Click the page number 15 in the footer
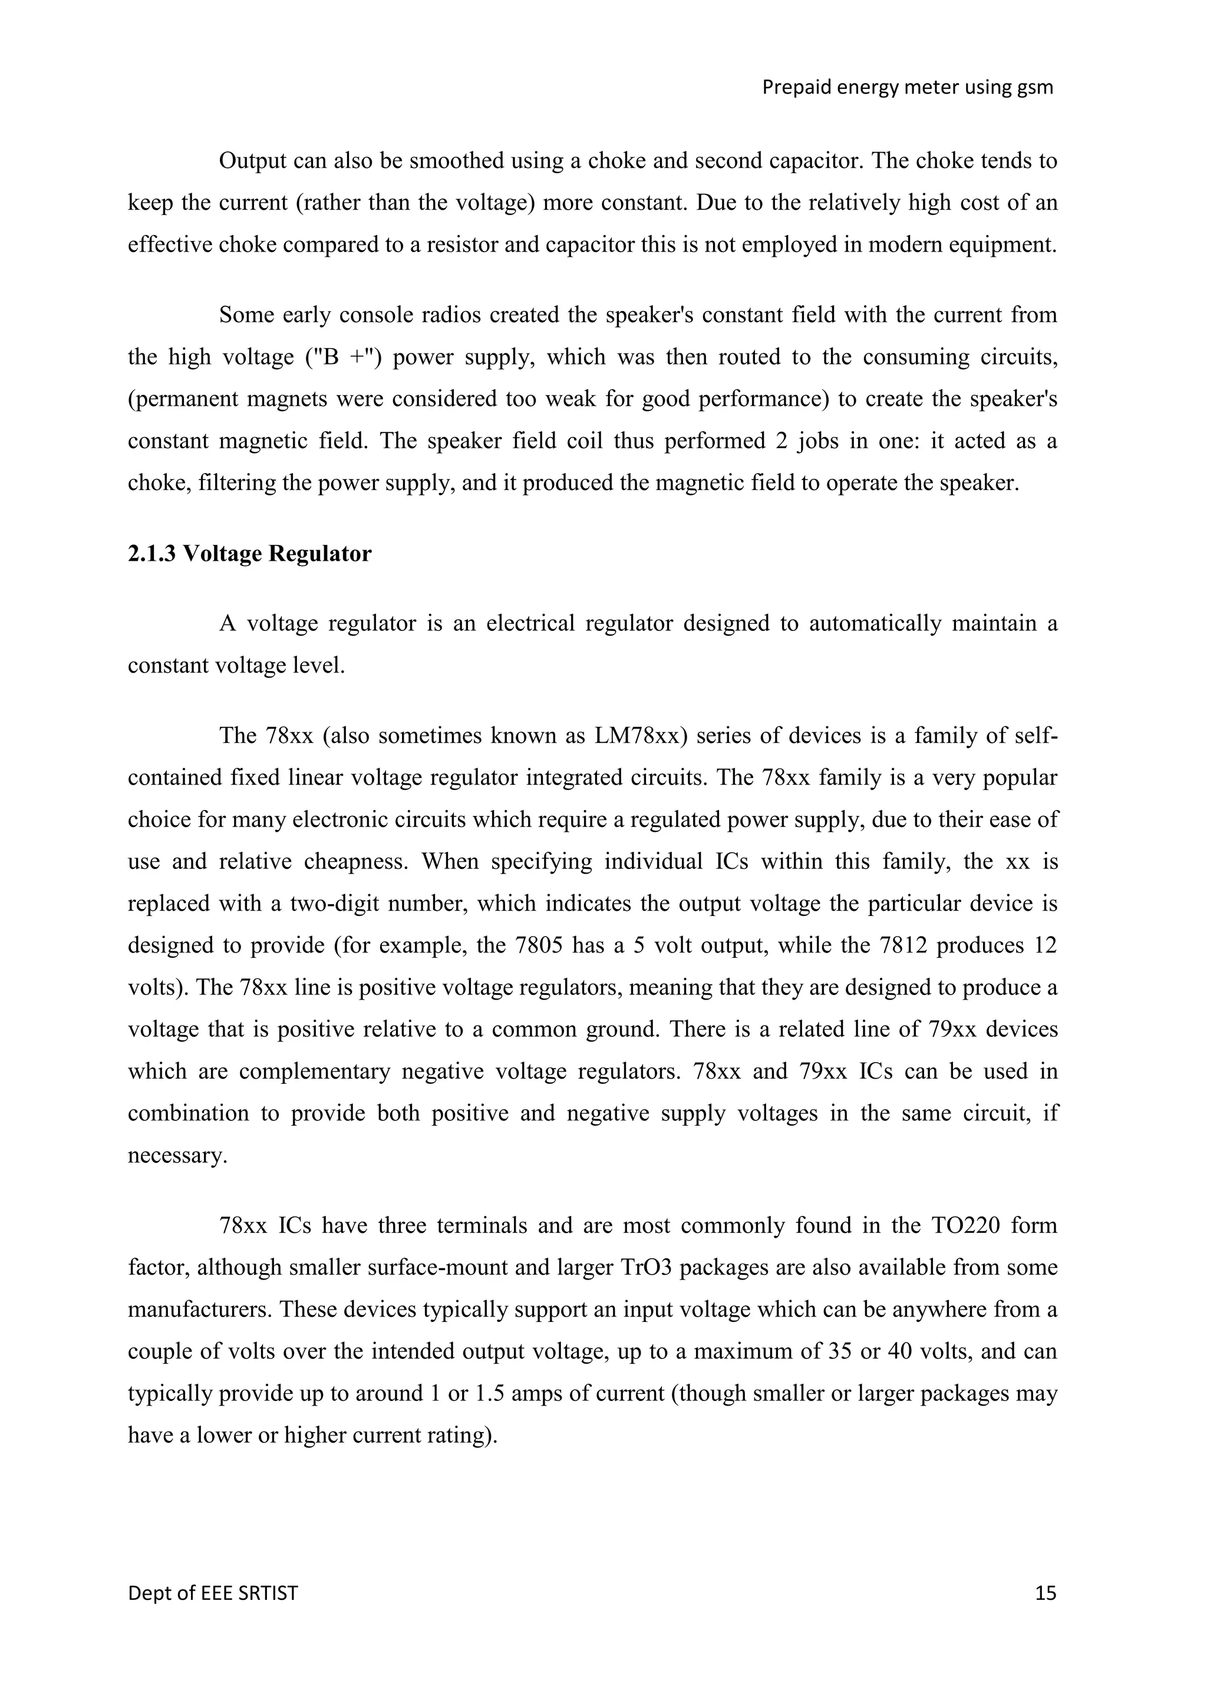click(x=1045, y=1593)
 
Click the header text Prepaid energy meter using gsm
click(x=908, y=88)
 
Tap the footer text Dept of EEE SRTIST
click(x=213, y=1593)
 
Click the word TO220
click(x=964, y=1225)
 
